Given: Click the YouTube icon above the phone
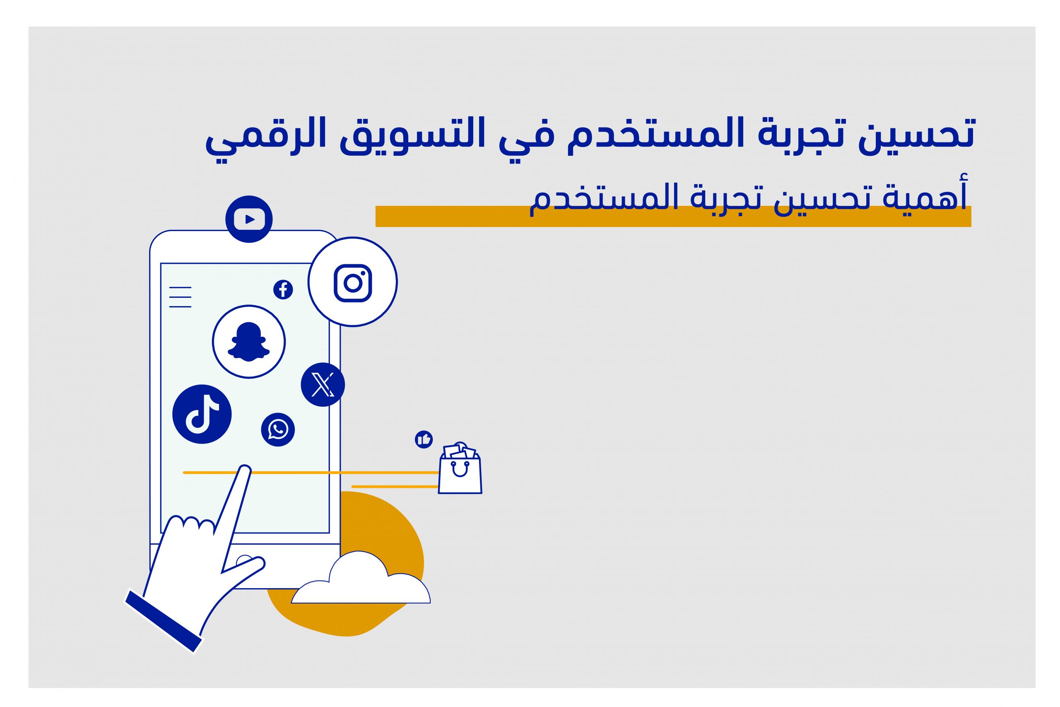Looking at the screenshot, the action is click(x=249, y=219).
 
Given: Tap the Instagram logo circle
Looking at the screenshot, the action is click(x=352, y=282).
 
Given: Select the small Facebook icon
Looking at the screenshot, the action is click(x=283, y=290).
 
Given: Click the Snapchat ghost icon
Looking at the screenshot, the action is click(x=249, y=341).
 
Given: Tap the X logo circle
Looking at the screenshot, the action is click(x=323, y=385).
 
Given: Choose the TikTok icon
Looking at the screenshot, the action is click(x=202, y=414).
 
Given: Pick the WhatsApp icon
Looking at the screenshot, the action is click(x=277, y=430).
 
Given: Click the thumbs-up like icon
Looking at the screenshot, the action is click(x=424, y=439).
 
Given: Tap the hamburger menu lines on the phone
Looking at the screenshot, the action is click(x=180, y=297).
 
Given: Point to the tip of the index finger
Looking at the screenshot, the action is click(x=245, y=468).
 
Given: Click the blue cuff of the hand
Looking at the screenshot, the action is click(x=163, y=621).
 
